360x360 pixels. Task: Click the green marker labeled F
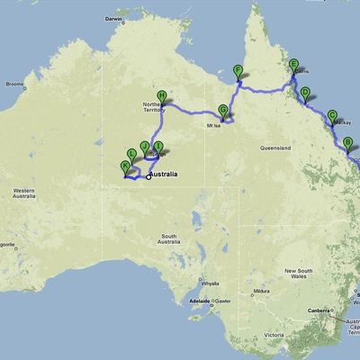point(238,71)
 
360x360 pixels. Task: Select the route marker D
point(304,93)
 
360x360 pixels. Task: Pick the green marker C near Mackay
point(332,116)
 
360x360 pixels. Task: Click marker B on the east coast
point(347,142)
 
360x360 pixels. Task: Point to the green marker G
point(222,110)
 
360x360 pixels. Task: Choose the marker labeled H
point(162,96)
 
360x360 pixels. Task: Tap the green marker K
point(125,166)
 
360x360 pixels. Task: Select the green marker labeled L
point(132,155)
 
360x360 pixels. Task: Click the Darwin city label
point(138,18)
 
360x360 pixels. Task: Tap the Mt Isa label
point(213,126)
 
